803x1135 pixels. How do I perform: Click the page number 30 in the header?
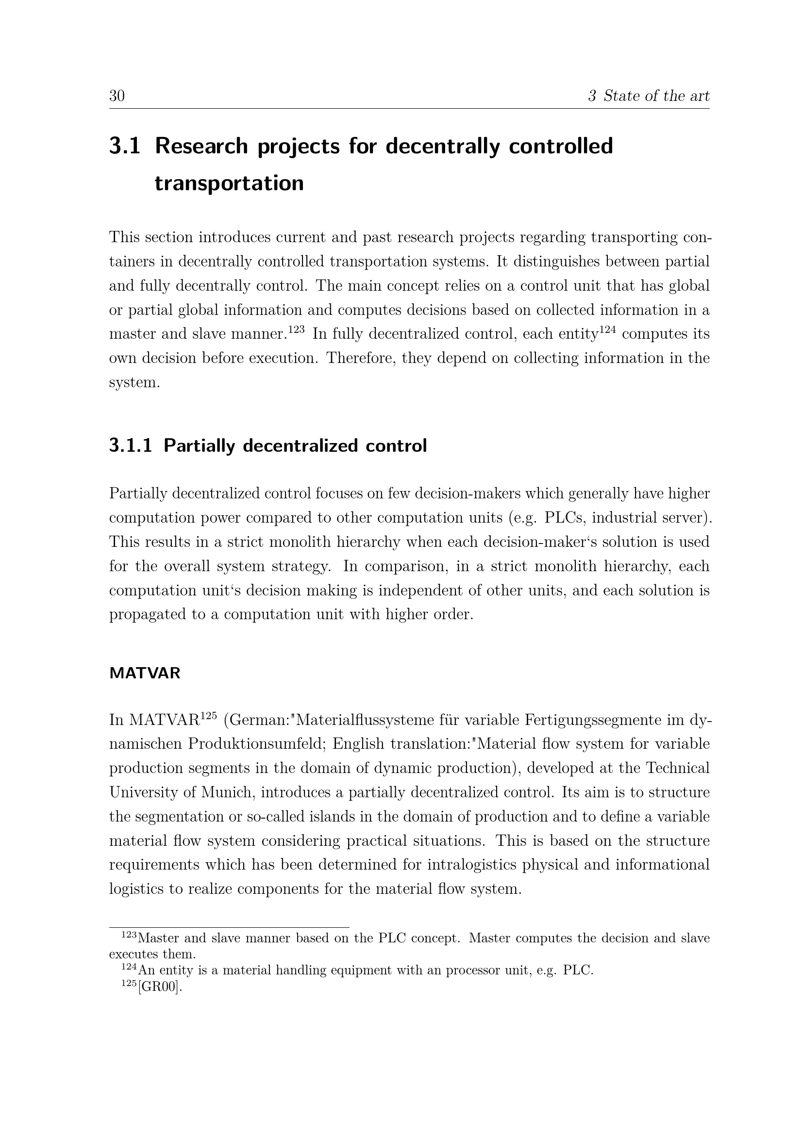[x=117, y=96]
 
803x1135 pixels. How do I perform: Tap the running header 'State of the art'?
[x=656, y=96]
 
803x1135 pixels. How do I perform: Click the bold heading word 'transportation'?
[x=229, y=183]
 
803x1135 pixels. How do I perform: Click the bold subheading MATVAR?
[x=145, y=674]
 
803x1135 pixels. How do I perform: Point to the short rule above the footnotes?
[x=229, y=928]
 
